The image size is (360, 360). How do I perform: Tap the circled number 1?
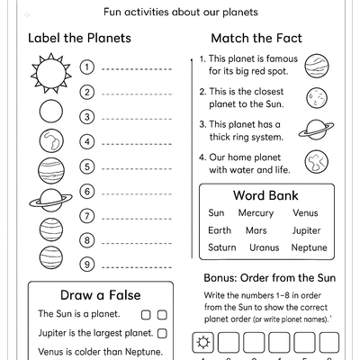(x=87, y=67)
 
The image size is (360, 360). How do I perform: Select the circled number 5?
(x=87, y=166)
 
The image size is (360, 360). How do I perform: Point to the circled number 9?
(x=87, y=264)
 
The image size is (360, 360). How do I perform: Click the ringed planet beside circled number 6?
(x=51, y=200)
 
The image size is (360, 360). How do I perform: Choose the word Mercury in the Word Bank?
(x=256, y=213)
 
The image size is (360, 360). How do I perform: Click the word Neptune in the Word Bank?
(x=310, y=247)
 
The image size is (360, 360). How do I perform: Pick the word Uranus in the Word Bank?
(x=265, y=247)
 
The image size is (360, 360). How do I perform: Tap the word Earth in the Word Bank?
(x=220, y=230)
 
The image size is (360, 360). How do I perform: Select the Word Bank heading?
(x=265, y=195)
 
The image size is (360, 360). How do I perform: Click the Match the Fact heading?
(x=256, y=39)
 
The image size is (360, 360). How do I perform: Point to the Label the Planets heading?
(x=80, y=39)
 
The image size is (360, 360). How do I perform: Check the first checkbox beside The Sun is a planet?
(x=146, y=315)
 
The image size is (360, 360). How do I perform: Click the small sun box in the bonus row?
(x=203, y=342)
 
